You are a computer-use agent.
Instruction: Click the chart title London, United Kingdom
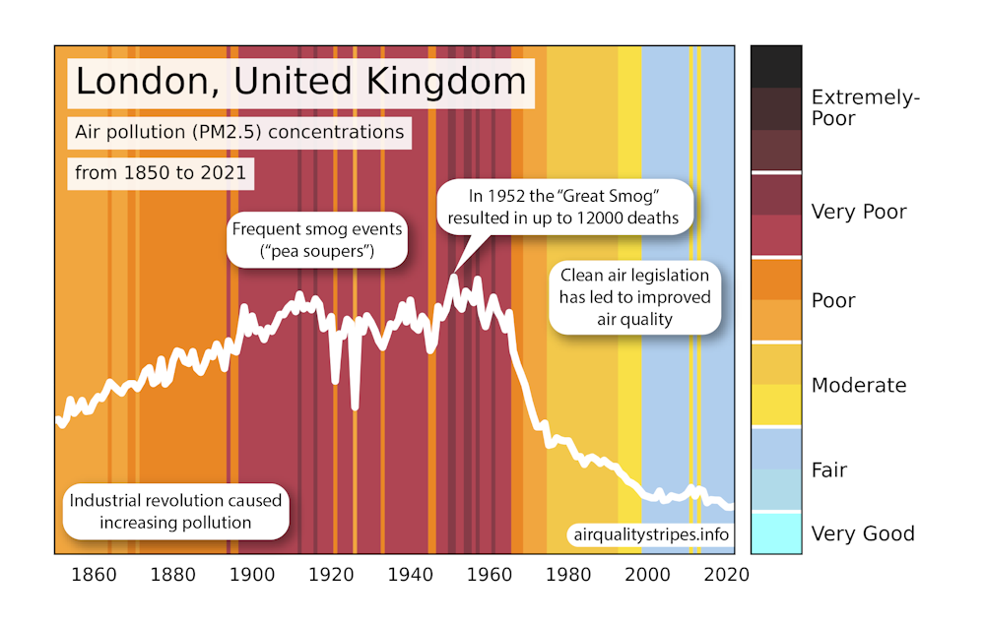[300, 82]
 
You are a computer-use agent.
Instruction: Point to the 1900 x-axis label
[252, 575]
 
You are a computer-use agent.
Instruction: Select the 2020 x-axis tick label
[729, 575]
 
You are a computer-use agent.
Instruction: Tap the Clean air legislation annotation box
[634, 296]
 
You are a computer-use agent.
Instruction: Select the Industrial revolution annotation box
[174, 511]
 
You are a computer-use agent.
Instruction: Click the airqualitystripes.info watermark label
[649, 535]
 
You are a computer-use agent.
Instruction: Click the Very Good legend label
[862, 534]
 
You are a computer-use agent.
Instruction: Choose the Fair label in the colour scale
[828, 470]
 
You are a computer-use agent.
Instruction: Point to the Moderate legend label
[858, 385]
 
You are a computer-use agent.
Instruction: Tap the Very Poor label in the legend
[858, 212]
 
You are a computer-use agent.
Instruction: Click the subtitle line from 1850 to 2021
[164, 174]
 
